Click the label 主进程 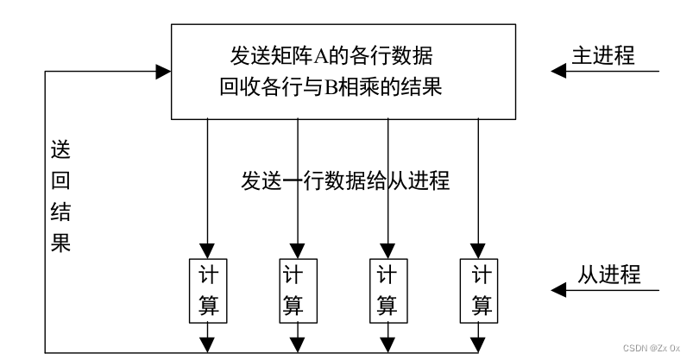click(604, 56)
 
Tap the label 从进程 click(609, 275)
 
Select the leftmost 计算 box click(207, 291)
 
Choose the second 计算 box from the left click(298, 291)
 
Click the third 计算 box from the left click(387, 291)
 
